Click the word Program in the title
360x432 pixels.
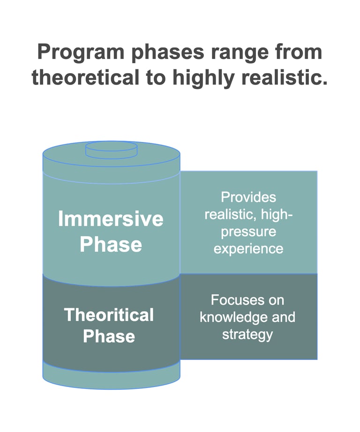(81, 52)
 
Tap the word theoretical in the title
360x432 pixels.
(86, 77)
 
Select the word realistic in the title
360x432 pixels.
(285, 77)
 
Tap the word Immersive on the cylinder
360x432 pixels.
(111, 218)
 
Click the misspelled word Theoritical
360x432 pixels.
(109, 315)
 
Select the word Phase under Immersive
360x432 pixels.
(111, 244)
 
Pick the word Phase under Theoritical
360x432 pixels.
(109, 336)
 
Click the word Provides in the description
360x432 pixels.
(248, 197)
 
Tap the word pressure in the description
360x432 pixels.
(248, 232)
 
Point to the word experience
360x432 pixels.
(248, 249)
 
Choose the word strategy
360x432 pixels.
(247, 335)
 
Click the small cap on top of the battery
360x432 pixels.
(112, 150)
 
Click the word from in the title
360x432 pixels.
(298, 52)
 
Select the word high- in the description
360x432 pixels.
(277, 215)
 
